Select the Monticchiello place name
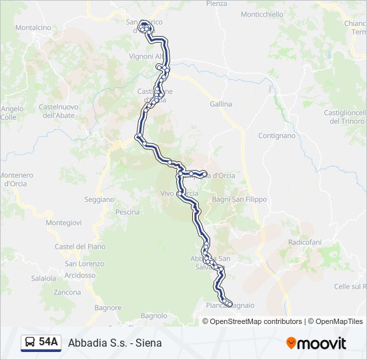tap(262, 15)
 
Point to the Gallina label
tap(221, 104)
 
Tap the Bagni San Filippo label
tap(238, 199)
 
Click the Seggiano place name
tap(99, 199)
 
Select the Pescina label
tap(127, 212)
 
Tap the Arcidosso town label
tap(80, 275)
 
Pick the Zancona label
tap(67, 292)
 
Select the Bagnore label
tap(108, 308)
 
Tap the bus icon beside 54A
tap(30, 343)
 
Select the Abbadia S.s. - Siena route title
tap(115, 343)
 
